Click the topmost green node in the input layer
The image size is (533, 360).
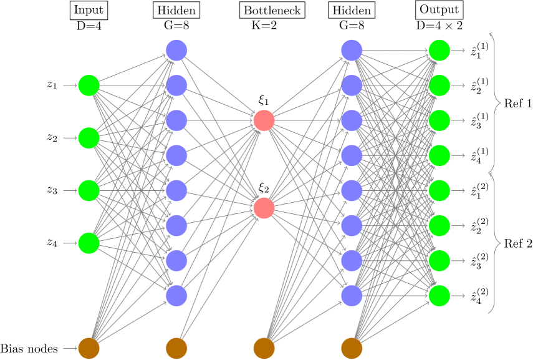89,85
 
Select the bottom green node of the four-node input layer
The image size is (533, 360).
89,243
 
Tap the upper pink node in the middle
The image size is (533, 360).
264,120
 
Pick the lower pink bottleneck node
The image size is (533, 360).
264,208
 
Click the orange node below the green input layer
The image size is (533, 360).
89,348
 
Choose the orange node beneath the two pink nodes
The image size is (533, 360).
264,348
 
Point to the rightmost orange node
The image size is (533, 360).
352,348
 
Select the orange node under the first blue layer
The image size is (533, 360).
176,348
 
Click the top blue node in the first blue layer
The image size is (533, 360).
176,51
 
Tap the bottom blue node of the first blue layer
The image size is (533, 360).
176,296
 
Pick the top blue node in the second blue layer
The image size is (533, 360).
352,51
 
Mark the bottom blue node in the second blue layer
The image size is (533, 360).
352,296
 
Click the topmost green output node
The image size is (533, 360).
439,51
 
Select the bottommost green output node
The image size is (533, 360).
439,296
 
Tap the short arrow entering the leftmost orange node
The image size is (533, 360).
70,348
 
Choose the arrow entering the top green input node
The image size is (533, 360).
70,85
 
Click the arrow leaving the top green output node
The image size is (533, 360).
458,51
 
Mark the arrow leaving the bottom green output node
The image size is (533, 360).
458,296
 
